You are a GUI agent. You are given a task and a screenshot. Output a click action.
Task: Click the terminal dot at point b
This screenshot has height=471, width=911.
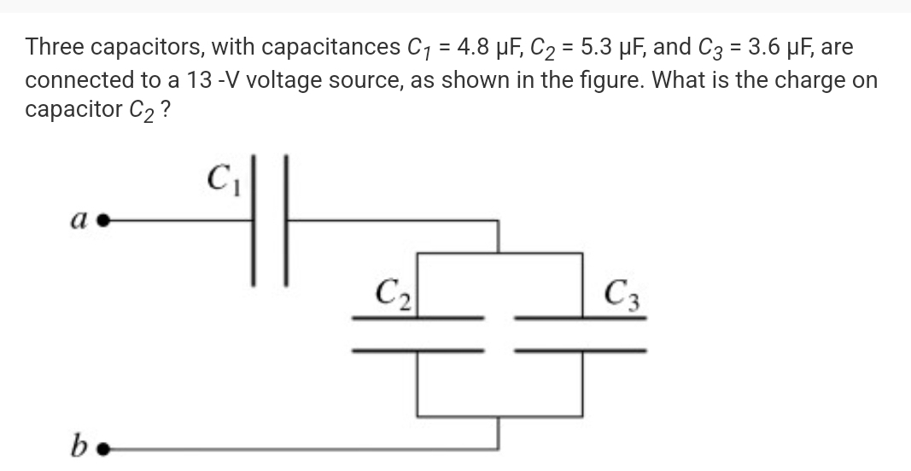click(103, 448)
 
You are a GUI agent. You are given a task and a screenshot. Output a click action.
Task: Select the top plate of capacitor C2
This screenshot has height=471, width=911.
click(418, 318)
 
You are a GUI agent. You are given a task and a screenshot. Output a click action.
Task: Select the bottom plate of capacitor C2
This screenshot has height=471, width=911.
click(418, 350)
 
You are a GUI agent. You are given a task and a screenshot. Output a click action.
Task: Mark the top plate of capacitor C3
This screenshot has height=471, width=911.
click(581, 318)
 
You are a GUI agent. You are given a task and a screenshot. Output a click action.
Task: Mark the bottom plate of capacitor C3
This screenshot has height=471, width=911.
click(581, 350)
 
